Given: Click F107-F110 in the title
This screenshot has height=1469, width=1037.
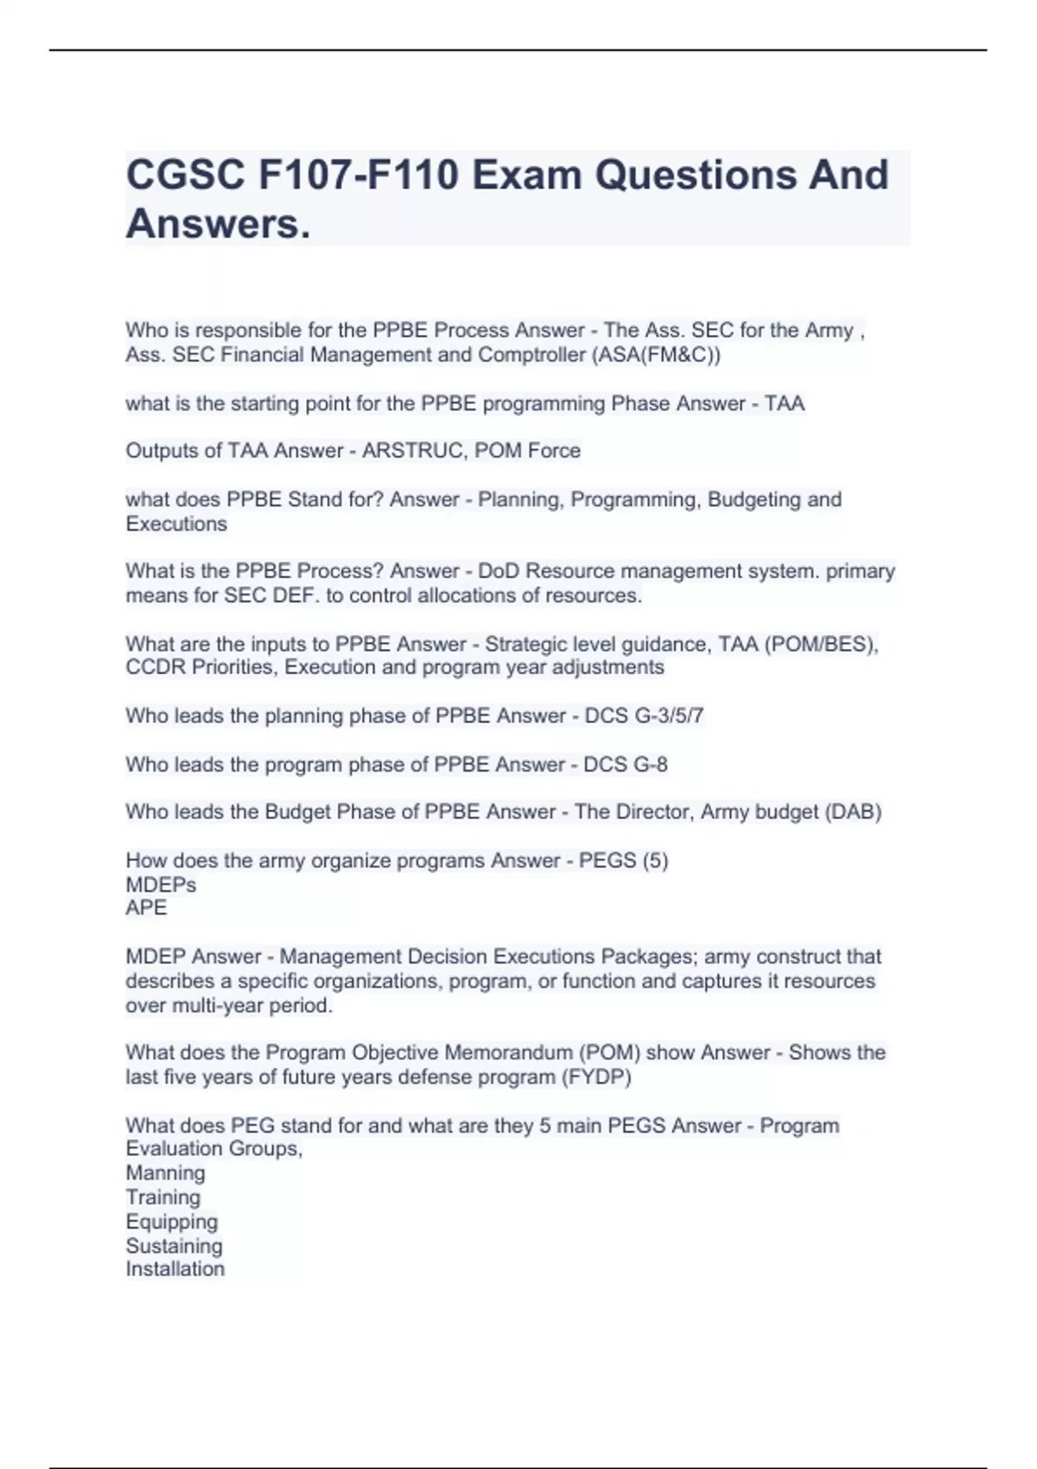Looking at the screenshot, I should tap(359, 175).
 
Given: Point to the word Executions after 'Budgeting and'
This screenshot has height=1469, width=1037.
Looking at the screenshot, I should tap(176, 524).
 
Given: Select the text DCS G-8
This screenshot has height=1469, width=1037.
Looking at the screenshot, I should tap(625, 765).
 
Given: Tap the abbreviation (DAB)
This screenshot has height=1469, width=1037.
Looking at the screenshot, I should tap(852, 812).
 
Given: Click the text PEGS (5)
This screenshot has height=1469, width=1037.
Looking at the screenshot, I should tap(623, 861).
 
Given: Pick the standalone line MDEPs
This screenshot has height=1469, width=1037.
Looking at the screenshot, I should tap(161, 885).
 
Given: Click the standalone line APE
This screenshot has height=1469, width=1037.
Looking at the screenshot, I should tap(146, 908).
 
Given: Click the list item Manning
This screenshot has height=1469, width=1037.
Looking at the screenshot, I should tap(165, 1173).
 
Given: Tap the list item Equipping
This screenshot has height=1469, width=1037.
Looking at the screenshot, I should tap(171, 1222).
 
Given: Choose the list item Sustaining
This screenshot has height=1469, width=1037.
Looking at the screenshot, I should tap(174, 1246).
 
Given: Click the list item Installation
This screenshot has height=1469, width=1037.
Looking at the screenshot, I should tap(175, 1269).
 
